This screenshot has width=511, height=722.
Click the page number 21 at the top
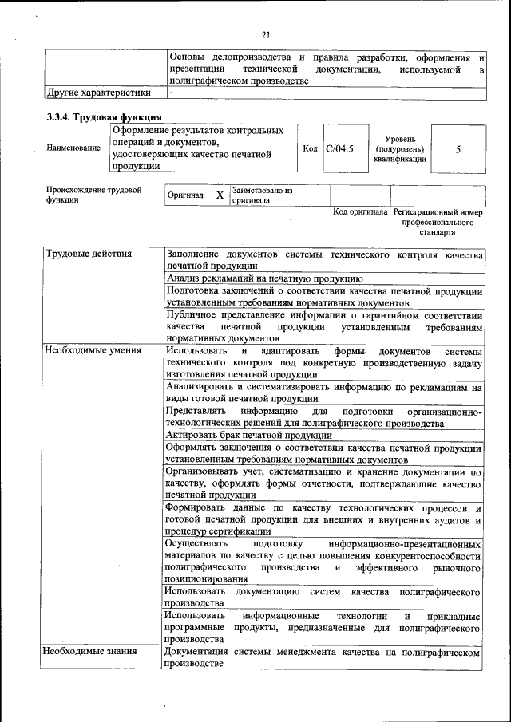[267, 34]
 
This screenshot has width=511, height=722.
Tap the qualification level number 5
[458, 149]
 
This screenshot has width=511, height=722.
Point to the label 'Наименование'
[73, 148]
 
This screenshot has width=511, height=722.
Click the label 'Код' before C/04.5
[311, 148]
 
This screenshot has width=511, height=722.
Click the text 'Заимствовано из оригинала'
[263, 195]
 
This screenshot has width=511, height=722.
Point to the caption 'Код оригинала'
[360, 212]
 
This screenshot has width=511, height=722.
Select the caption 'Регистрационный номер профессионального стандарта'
[438, 223]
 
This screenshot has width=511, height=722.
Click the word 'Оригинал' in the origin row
[185, 195]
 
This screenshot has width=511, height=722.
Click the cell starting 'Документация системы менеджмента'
[323, 658]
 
